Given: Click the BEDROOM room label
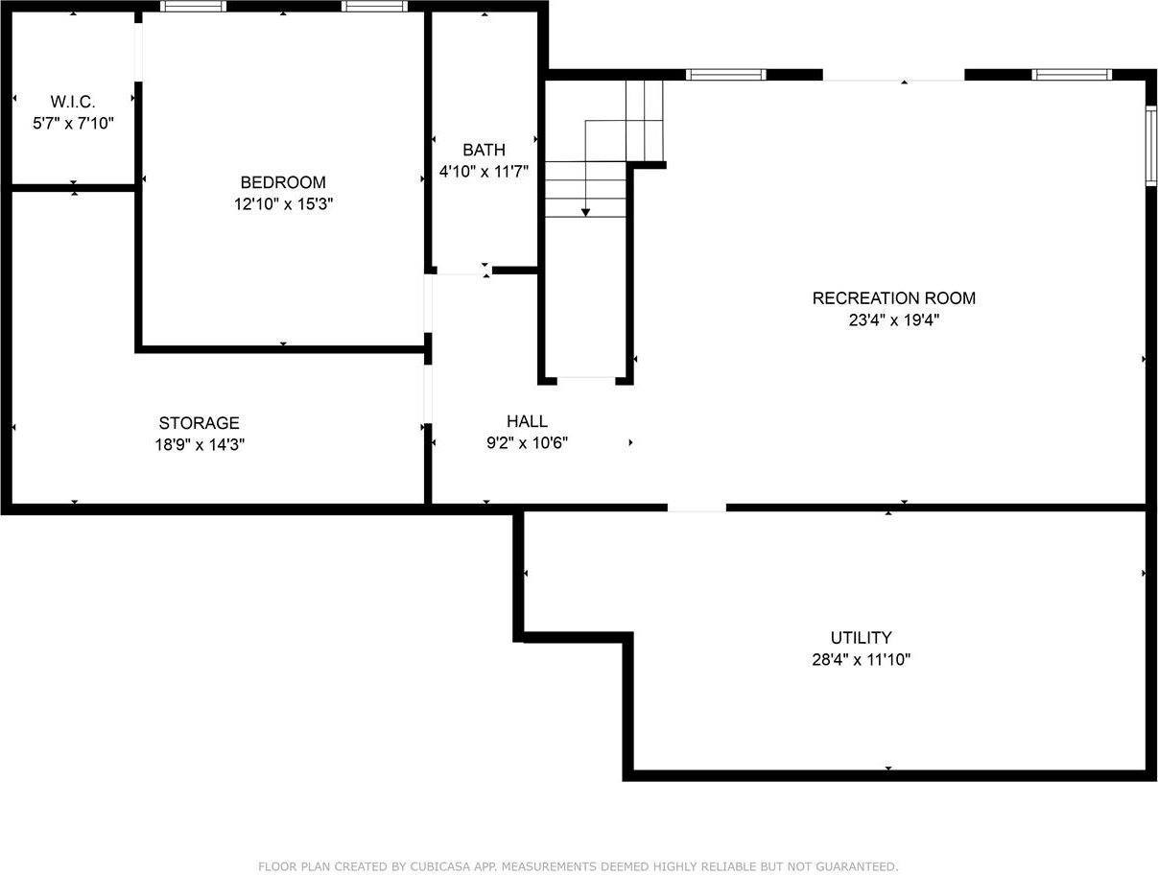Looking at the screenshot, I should coord(282,182).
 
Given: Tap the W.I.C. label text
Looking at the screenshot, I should coord(73,101).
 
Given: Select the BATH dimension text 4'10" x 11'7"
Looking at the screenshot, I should coord(484,172).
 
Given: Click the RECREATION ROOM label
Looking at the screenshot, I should coord(893,298).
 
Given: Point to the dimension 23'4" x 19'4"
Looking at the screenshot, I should coord(893,320).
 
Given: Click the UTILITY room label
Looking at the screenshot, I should coord(861,637).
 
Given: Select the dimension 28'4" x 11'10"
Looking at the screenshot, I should coord(861,660).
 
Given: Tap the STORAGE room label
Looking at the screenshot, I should coord(199,423).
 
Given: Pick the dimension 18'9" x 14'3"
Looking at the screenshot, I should coord(199,445).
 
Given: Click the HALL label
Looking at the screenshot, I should coord(527,421).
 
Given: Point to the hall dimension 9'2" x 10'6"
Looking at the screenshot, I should coord(527,443).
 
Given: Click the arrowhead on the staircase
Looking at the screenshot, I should coord(585,212).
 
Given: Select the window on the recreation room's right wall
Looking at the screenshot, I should coord(1150,145).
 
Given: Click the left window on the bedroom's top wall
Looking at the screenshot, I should coord(193,7).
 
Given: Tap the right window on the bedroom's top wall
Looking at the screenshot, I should coord(374,7).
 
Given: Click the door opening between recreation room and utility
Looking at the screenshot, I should coord(697,506).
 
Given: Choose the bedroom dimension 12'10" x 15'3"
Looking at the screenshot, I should coord(282,204).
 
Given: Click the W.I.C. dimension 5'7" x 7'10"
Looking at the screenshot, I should coord(73,123).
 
